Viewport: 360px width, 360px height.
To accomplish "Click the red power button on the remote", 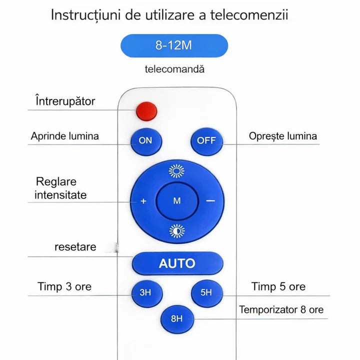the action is pyautogui.click(x=146, y=111).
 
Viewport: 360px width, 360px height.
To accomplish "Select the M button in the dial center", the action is pyautogui.click(x=177, y=201).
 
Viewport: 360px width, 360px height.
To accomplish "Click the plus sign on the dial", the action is pyautogui.click(x=143, y=201).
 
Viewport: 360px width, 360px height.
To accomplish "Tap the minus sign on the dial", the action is pyautogui.click(x=210, y=201).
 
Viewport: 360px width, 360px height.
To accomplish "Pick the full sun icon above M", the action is pyautogui.click(x=176, y=171).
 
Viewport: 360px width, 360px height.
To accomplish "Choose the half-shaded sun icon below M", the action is pyautogui.click(x=177, y=231).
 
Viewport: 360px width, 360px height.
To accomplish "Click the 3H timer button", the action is pyautogui.click(x=147, y=293).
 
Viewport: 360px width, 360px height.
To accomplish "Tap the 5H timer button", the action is pyautogui.click(x=207, y=293).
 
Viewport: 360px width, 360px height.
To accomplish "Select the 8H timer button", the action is pyautogui.click(x=177, y=319).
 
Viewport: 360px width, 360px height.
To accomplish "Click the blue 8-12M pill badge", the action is pyautogui.click(x=174, y=45).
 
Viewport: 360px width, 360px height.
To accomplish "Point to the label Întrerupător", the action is pyautogui.click(x=65, y=101).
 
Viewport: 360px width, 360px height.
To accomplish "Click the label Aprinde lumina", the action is pyautogui.click(x=65, y=136).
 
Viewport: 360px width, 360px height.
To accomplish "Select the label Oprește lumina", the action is pyautogui.click(x=283, y=136).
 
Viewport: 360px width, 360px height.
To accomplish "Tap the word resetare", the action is pyautogui.click(x=75, y=247).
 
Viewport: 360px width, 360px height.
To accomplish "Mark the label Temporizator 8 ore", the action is pyautogui.click(x=281, y=309).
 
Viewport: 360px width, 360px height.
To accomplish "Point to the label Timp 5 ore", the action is pyautogui.click(x=278, y=286).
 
